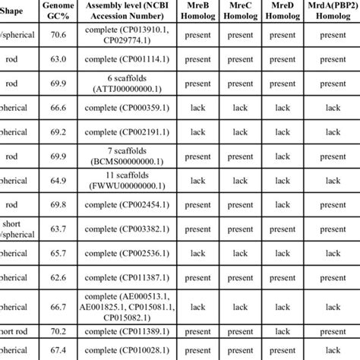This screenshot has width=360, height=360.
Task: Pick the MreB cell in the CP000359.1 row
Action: (x=198, y=109)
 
